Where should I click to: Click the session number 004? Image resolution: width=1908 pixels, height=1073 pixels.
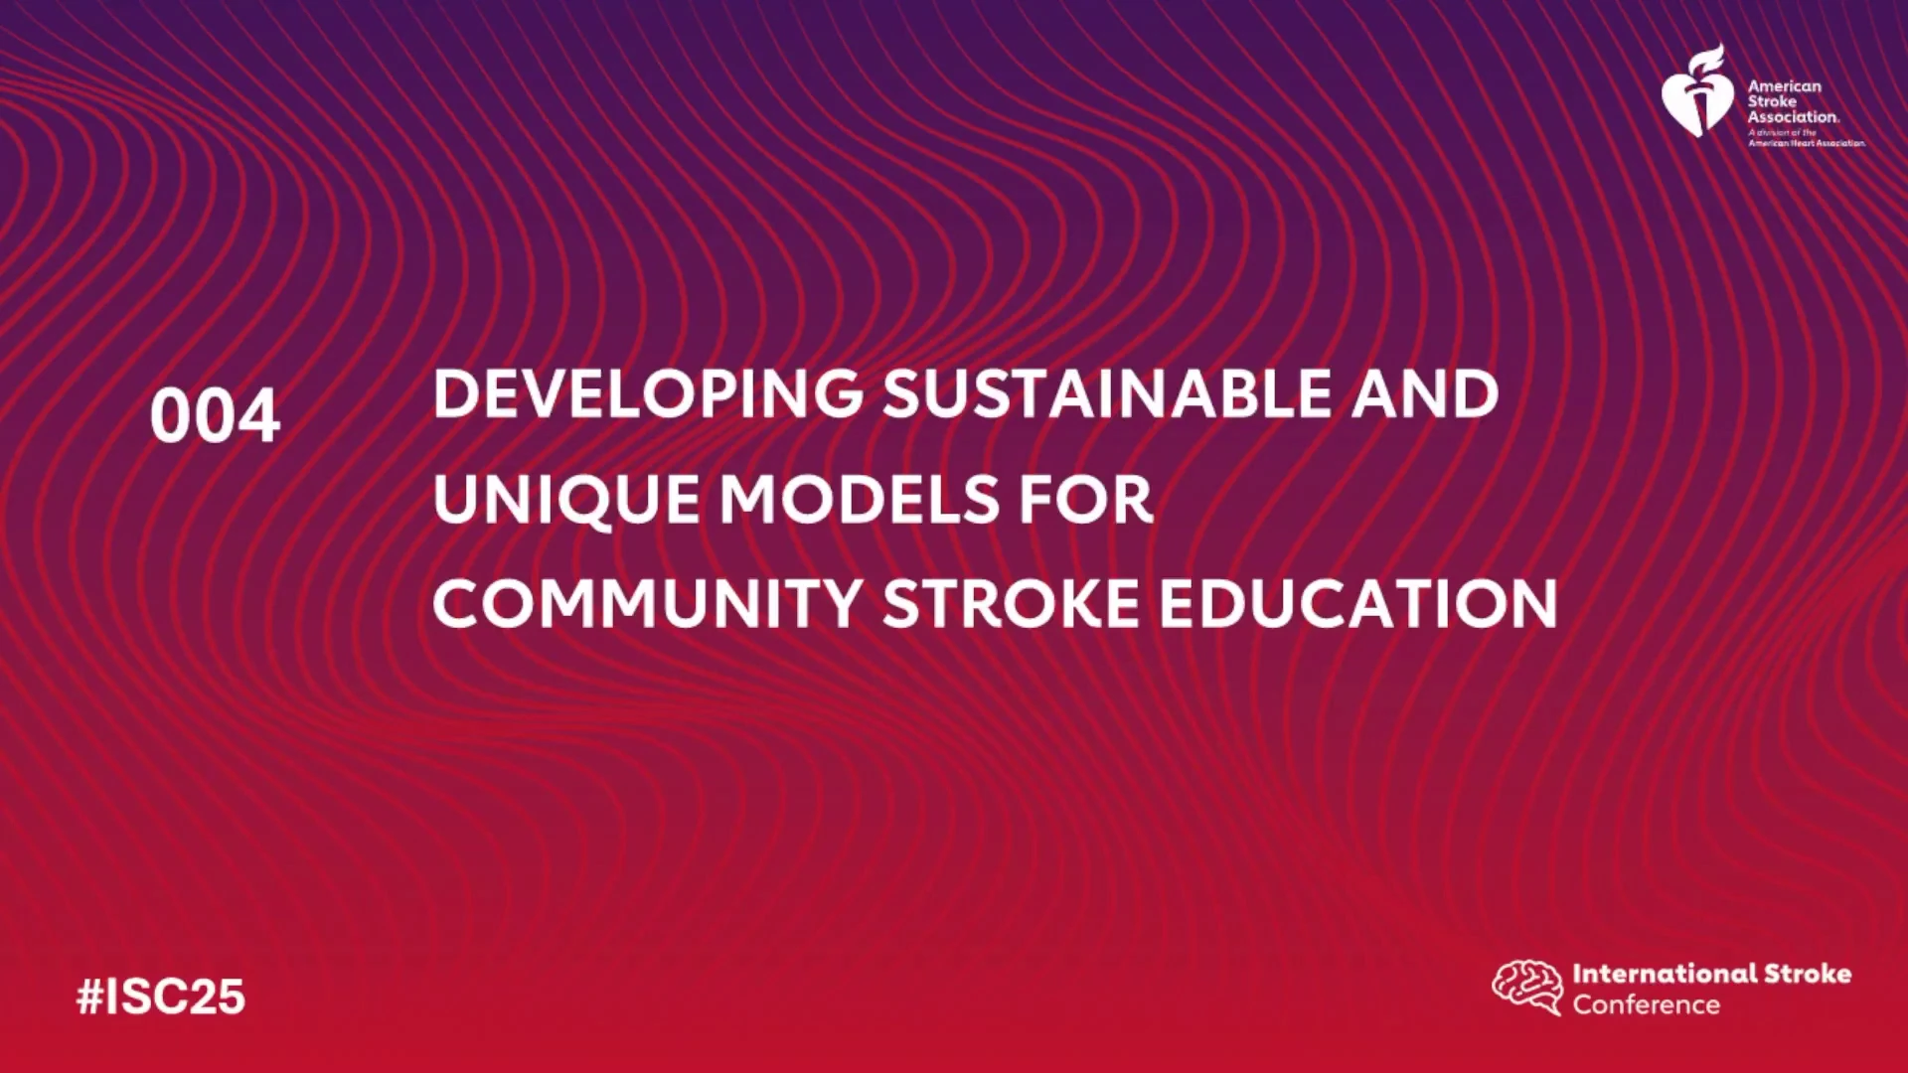click(x=215, y=415)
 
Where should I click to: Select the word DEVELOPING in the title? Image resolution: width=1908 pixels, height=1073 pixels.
click(x=648, y=394)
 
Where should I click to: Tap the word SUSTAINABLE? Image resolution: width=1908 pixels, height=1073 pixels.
click(x=1106, y=394)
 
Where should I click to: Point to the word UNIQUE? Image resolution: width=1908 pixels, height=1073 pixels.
click(x=565, y=499)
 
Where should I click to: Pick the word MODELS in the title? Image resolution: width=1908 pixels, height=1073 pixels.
click(x=859, y=499)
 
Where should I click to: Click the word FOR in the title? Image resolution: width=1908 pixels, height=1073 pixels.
click(x=1086, y=499)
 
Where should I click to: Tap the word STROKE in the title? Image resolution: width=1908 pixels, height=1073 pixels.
click(x=1011, y=604)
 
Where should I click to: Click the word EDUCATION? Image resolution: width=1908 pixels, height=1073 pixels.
click(x=1358, y=604)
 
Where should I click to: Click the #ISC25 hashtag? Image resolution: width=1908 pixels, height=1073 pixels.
click(x=161, y=996)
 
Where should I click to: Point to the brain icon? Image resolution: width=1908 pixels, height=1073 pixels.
click(x=1527, y=987)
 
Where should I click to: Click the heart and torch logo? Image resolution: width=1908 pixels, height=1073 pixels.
click(x=1697, y=90)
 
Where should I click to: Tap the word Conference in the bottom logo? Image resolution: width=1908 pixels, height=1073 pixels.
click(x=1646, y=1004)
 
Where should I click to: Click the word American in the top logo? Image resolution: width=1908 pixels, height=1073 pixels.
click(x=1785, y=86)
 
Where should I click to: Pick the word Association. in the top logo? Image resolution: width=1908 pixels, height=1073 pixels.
click(x=1794, y=116)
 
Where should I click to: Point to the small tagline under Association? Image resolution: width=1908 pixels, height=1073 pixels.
click(x=1807, y=138)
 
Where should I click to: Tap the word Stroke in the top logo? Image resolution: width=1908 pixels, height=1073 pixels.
click(x=1772, y=101)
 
